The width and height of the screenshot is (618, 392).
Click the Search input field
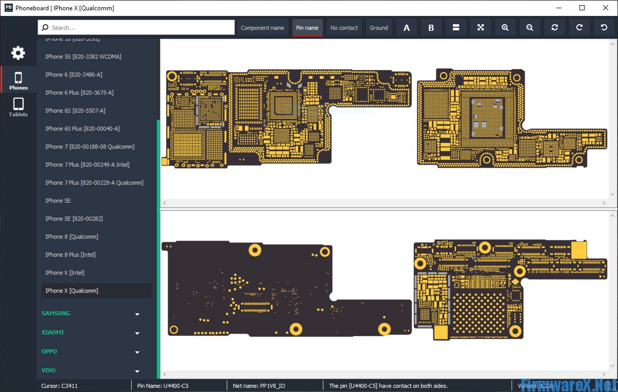136,28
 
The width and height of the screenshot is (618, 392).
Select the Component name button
262,28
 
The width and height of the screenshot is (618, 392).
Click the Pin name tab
307,28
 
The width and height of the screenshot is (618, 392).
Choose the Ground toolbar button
379,28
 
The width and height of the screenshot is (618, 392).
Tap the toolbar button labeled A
407,28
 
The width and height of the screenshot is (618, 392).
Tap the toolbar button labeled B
431,28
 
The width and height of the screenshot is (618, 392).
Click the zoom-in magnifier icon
505,28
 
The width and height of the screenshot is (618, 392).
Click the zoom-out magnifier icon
530,28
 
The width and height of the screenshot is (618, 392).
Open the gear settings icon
18,52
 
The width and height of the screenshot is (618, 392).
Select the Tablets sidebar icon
18,107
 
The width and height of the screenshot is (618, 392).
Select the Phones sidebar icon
18,80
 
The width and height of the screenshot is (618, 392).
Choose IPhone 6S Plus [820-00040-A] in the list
82,129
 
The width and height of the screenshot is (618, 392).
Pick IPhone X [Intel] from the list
65,273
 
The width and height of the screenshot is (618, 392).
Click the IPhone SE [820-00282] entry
74,219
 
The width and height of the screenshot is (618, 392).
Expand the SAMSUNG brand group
137,314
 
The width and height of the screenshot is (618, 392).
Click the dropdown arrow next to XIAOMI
137,333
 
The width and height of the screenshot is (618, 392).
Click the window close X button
606,8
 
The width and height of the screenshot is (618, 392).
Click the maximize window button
582,8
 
